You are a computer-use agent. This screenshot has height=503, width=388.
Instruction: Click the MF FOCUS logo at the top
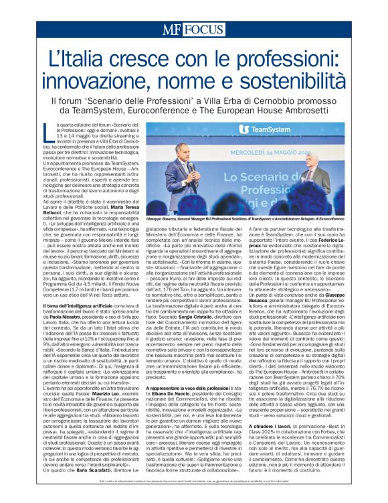point(193,29)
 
